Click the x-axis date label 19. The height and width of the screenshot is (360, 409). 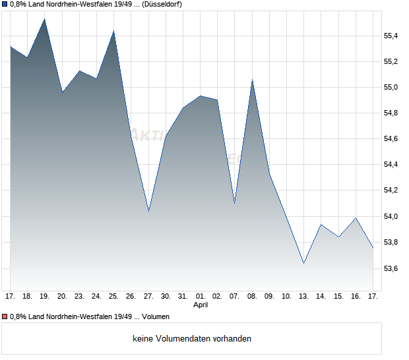pos(45,297)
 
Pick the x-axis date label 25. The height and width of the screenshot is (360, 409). pos(113,297)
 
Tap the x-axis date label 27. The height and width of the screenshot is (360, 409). pos(148,297)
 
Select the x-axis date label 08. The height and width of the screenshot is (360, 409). pos(252,297)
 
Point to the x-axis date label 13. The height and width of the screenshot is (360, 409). pos(304,297)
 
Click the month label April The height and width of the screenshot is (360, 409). pos(201,305)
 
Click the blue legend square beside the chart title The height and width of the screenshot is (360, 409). pos(5,5)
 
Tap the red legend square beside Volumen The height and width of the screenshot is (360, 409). pos(5,317)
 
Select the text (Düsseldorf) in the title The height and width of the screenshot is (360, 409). pos(160,5)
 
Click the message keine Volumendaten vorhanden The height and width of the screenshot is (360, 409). pos(192,339)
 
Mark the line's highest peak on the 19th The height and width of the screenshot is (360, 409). pos(45,19)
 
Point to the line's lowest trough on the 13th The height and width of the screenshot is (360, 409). pos(304,263)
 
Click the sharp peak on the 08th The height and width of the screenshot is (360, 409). pos(252,80)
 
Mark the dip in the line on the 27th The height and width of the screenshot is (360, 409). pos(148,210)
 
